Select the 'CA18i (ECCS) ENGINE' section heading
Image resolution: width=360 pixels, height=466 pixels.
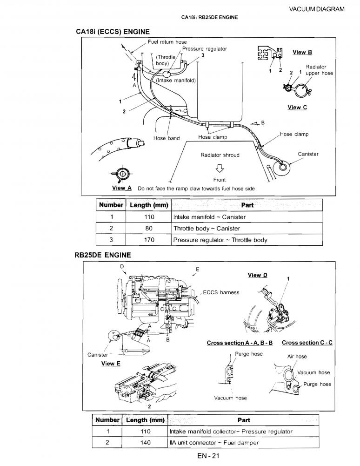pos(112,32)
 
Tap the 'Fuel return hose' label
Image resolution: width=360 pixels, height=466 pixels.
pos(167,42)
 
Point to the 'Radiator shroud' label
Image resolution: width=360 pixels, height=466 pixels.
pos(220,155)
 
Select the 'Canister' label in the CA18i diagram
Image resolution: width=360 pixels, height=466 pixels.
pos(308,154)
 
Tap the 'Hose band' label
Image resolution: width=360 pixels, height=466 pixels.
pos(167,138)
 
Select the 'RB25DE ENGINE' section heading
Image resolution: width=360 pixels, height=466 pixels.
pos(102,255)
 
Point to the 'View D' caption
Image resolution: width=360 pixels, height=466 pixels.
pos(258,275)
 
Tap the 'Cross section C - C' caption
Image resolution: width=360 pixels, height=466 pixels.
pos(307,343)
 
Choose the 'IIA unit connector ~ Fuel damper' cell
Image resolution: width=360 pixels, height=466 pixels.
pos(214,443)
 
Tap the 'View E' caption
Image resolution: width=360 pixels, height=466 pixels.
pos(111,364)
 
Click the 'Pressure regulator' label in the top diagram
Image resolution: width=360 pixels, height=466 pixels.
pos(205,49)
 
